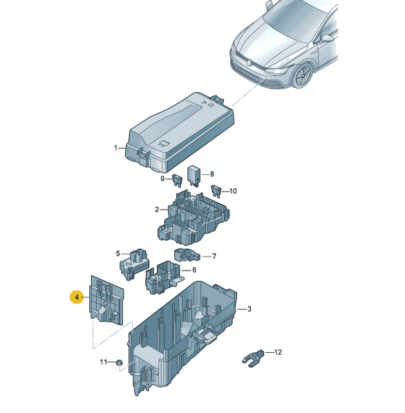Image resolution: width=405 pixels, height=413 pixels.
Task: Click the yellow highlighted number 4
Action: [x=77, y=297]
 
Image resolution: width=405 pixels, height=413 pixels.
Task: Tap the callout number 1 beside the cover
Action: [x=116, y=148]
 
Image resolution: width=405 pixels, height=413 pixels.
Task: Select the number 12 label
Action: [x=278, y=352]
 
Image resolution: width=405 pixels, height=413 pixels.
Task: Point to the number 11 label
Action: [x=104, y=362]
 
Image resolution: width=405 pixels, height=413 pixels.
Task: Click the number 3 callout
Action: [x=249, y=309]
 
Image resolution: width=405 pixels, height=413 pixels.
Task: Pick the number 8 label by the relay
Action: [x=212, y=174]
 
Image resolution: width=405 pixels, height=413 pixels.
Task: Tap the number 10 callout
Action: [x=233, y=191]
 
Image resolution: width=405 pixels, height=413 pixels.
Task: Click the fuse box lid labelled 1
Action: [x=180, y=133]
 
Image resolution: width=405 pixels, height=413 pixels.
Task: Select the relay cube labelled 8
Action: [x=194, y=175]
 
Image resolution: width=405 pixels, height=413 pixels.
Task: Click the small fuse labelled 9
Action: [x=177, y=181]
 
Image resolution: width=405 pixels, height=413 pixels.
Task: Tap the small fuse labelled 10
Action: [x=216, y=191]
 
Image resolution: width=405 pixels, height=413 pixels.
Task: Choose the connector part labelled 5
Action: [x=134, y=264]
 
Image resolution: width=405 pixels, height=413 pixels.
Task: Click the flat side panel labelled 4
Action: [x=106, y=300]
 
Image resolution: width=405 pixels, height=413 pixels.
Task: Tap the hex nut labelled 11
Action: [x=118, y=362]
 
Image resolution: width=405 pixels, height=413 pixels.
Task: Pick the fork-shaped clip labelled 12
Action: [x=253, y=358]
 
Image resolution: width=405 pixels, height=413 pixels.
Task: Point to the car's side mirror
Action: [x=327, y=39]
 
